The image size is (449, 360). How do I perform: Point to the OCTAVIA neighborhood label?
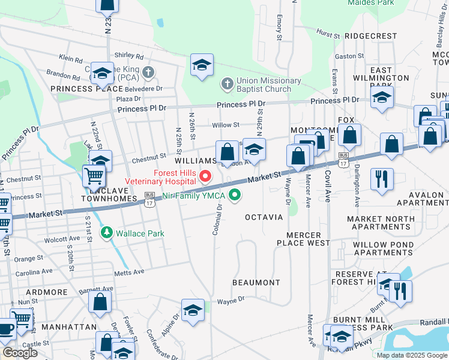(x=264, y=217)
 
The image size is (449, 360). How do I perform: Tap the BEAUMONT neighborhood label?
(x=256, y=282)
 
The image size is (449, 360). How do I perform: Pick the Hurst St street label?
(x=328, y=34)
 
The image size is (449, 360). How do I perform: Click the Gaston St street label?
(x=346, y=56)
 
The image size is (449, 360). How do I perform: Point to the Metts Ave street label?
(x=130, y=272)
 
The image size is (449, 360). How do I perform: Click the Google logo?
(x=20, y=353)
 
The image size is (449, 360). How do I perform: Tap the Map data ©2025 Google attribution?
(x=411, y=355)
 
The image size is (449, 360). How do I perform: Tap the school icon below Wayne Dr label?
(x=192, y=310)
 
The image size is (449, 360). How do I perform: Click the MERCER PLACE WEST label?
(x=303, y=239)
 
